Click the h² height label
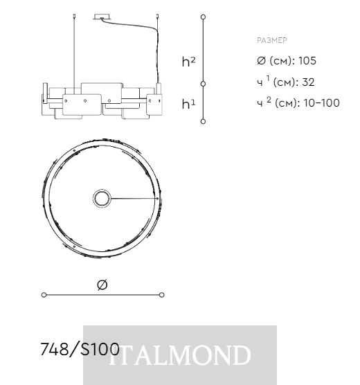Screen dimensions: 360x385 point(188,62)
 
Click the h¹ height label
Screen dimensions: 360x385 point(188,104)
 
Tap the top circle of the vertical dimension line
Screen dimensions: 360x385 point(203,17)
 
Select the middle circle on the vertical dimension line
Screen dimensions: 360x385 point(203,84)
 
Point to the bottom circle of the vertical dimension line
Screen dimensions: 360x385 point(203,121)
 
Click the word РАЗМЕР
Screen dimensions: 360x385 point(272,40)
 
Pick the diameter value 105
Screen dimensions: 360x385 point(307,61)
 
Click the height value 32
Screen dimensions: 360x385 point(308,82)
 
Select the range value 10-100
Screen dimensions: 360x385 point(322,102)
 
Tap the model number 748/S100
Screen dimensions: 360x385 point(80,349)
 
